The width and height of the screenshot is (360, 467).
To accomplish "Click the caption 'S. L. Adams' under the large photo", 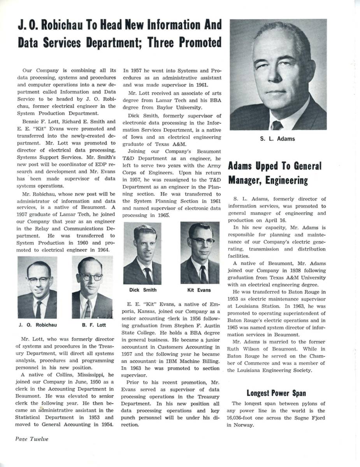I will (277, 139).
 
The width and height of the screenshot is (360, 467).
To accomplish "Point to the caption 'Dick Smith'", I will (143, 290).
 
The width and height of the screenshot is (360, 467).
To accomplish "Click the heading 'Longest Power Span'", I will (276, 393).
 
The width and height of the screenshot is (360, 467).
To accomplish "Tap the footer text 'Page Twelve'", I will (32, 439).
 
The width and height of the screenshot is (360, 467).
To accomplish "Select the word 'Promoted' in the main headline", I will (195, 42).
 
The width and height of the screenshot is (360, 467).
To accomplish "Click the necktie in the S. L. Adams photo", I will (277, 125).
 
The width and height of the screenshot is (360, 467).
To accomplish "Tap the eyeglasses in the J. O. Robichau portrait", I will (39, 279).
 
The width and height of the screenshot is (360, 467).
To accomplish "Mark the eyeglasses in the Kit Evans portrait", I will (202, 241).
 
